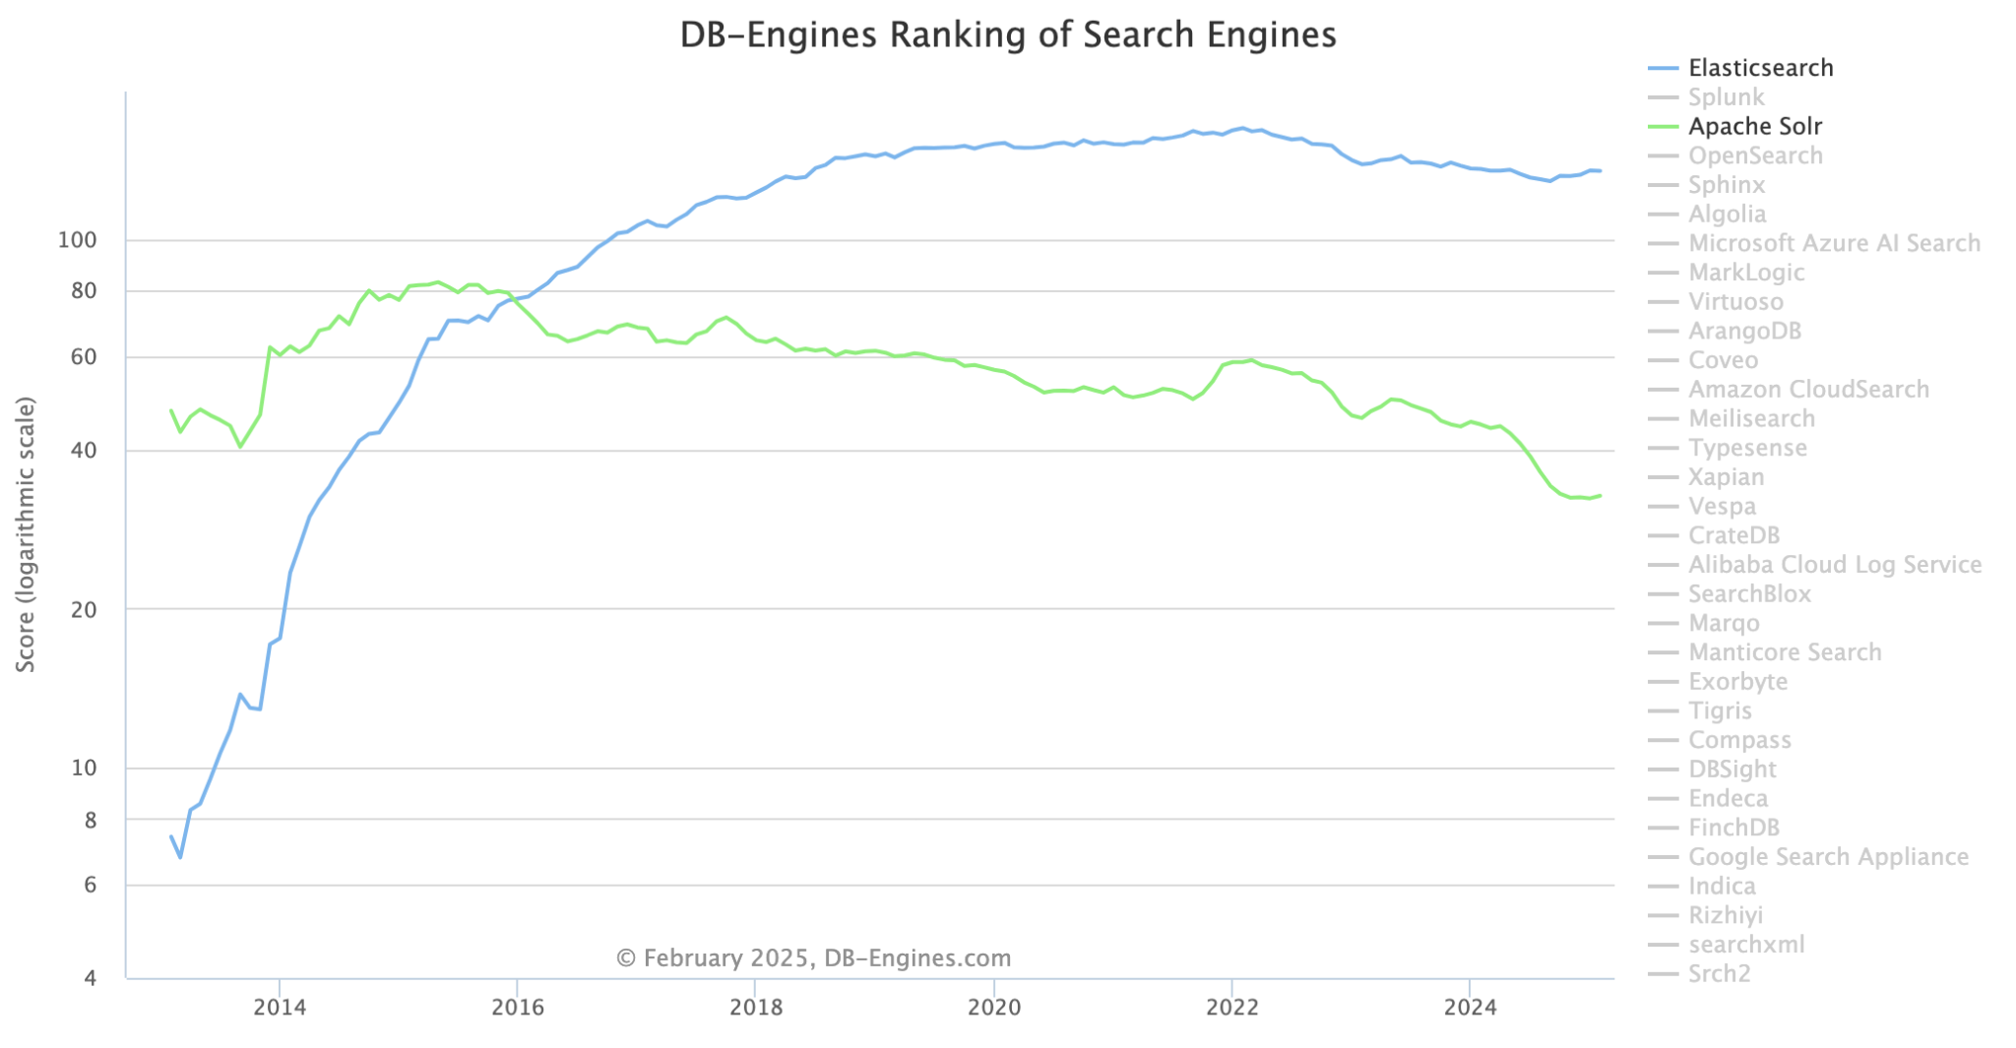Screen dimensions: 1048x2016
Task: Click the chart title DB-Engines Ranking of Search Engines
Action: [1007, 35]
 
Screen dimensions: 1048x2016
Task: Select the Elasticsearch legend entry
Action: [1760, 68]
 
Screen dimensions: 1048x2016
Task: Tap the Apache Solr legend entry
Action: [1754, 127]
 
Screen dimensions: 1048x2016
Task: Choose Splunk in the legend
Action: [1726, 97]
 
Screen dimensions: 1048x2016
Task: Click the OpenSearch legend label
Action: [1755, 155]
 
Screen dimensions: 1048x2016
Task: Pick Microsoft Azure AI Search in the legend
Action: [1834, 243]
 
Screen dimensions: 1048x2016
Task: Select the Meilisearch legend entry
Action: [1751, 418]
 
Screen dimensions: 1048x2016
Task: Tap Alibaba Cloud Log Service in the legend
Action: [1835, 565]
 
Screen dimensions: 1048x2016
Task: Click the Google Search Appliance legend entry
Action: [1828, 857]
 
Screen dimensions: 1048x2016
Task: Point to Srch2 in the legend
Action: [1719, 974]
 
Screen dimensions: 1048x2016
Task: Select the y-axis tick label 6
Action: [90, 886]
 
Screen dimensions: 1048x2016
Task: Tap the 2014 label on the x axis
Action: [280, 1007]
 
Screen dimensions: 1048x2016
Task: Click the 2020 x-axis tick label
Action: [994, 1007]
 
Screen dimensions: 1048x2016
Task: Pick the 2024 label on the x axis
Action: [1470, 1007]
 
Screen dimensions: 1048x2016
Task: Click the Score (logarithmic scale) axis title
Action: [27, 534]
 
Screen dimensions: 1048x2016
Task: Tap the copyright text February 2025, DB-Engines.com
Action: [813, 957]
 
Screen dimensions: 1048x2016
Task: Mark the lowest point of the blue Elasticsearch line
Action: [180, 857]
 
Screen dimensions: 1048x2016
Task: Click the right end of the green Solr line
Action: [1601, 495]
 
